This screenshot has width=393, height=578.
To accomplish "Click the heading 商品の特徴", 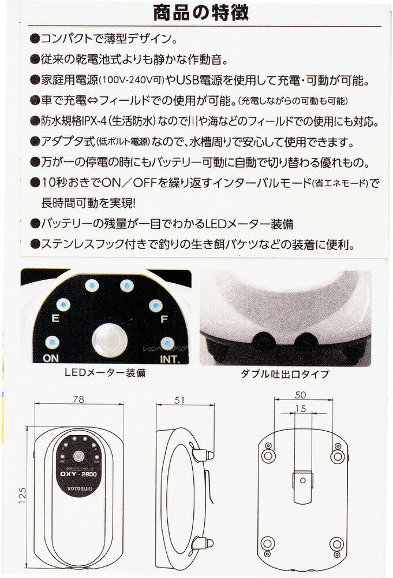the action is click(x=200, y=12).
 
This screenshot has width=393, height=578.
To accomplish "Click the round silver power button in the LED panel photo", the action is click(x=109, y=340).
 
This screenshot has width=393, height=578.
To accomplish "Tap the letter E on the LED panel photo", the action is click(x=55, y=318).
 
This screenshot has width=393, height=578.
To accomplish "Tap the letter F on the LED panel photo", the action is click(x=164, y=319).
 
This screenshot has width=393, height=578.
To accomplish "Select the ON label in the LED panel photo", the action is click(x=51, y=358).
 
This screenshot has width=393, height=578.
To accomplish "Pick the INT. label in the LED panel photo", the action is click(x=170, y=359).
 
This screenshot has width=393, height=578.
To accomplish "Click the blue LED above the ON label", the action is click(x=52, y=342).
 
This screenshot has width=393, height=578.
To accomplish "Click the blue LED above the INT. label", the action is click(x=167, y=343).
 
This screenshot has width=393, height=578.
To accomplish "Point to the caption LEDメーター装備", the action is click(x=105, y=373).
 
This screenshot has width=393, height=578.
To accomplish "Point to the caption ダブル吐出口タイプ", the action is click(x=285, y=374).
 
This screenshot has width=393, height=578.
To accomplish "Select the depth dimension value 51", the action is click(x=179, y=400).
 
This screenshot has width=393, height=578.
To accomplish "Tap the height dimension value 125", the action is click(x=23, y=496).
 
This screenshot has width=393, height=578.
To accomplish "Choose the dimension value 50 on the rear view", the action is click(x=300, y=395).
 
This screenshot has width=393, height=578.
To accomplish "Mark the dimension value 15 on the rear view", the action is click(x=300, y=409).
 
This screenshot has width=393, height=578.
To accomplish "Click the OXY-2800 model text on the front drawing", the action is click(x=78, y=474).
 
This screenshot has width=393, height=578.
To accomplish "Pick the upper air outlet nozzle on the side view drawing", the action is click(x=204, y=455).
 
